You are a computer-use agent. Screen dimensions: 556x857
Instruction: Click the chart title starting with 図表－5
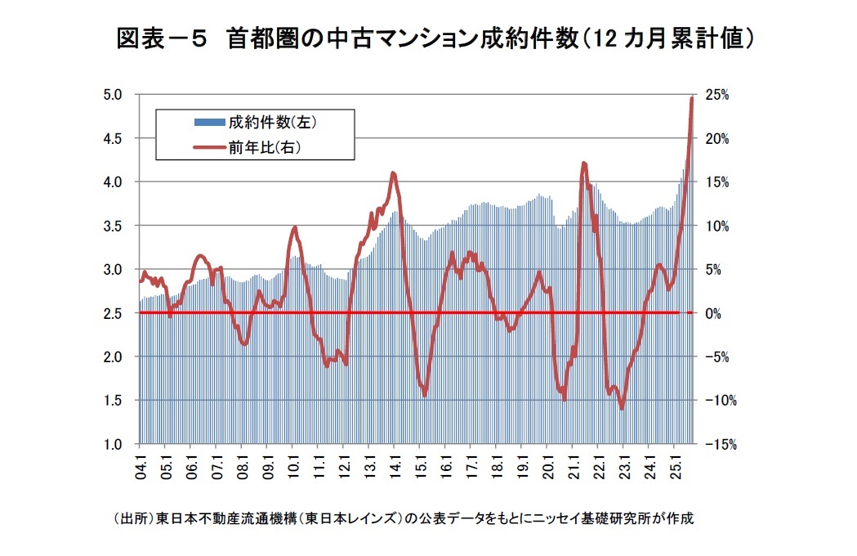point(434,38)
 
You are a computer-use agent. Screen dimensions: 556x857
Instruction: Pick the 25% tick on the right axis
point(717,95)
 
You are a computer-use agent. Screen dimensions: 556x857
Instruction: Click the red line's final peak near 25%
point(692,98)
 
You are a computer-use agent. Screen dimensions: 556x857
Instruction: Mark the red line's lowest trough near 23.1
point(623,408)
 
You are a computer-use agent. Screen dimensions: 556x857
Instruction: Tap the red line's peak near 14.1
point(394,173)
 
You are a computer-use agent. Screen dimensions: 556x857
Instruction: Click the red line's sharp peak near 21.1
point(584,164)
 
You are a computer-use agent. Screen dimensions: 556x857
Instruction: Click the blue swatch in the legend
point(208,123)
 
